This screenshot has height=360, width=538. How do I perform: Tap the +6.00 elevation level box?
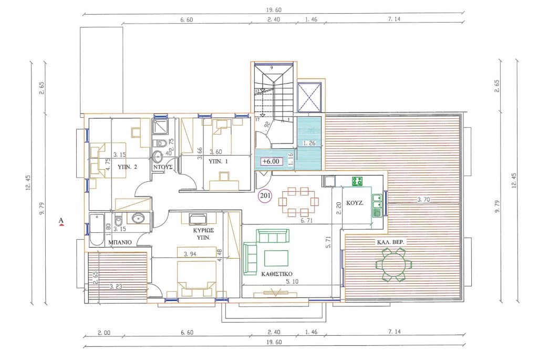click(x=271, y=161)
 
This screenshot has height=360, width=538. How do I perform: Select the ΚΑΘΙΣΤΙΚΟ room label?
click(x=277, y=274)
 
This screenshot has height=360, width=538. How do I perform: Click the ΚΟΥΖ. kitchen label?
click(x=355, y=203)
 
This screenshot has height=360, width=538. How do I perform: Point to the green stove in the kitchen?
click(x=357, y=181)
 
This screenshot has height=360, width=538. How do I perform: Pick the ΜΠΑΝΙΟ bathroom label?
click(x=120, y=242)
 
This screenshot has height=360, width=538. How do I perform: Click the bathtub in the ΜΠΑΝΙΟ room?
click(x=97, y=229)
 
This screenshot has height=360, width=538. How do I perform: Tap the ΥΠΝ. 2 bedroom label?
click(x=127, y=167)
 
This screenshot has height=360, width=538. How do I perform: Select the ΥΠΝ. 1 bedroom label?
click(x=218, y=161)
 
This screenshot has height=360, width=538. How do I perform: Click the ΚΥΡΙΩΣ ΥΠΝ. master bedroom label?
click(x=203, y=234)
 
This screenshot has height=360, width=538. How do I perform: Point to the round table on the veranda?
click(x=394, y=264)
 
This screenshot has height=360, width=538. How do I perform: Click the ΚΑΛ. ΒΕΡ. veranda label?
click(x=390, y=242)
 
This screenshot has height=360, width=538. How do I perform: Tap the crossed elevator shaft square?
click(x=310, y=97)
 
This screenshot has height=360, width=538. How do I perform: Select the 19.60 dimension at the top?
click(x=273, y=11)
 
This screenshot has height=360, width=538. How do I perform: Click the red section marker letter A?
click(x=61, y=221)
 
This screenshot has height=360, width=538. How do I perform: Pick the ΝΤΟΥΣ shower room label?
click(x=163, y=167)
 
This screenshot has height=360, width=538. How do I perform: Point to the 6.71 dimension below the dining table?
click(x=306, y=221)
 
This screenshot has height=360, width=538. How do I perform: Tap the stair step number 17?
click(x=257, y=119)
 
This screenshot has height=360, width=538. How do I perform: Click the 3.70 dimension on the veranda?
click(x=423, y=199)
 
